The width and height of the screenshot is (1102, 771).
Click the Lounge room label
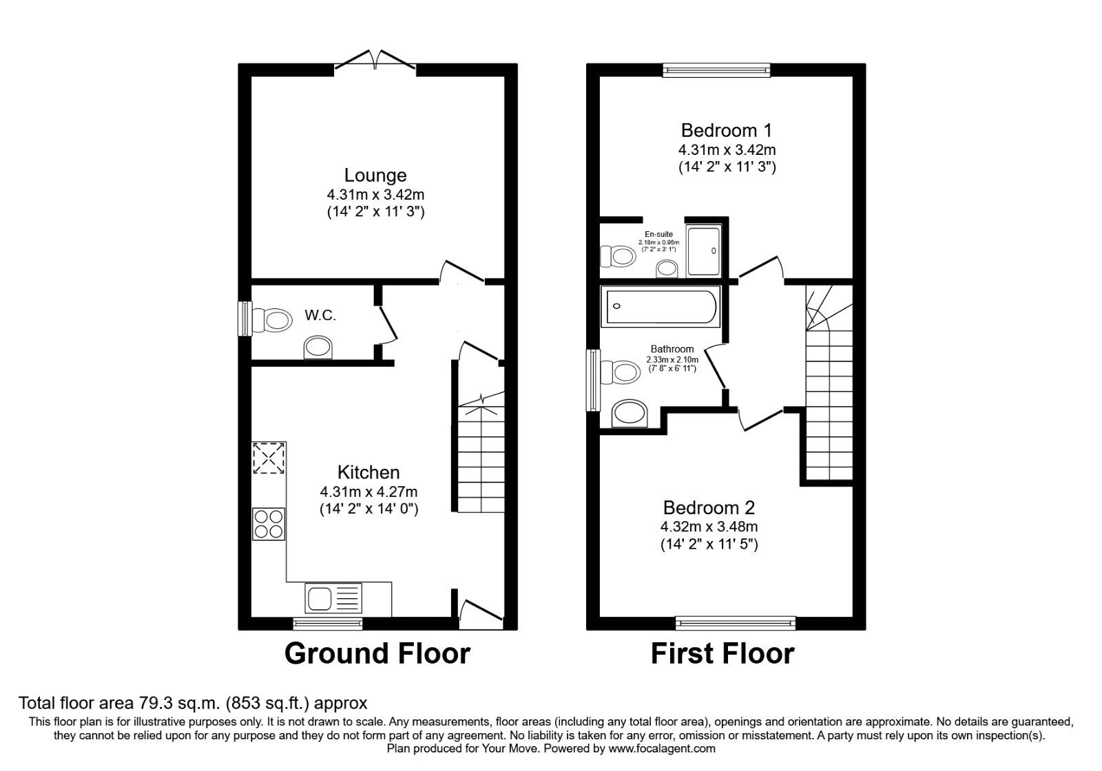tap(375, 176)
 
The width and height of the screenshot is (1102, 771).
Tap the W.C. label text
tap(320, 316)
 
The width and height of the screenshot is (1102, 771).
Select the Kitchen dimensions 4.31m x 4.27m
tap(368, 492)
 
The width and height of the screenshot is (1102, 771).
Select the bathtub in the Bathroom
tap(660, 306)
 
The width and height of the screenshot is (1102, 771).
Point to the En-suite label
tap(658, 235)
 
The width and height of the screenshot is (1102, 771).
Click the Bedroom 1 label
tap(726, 130)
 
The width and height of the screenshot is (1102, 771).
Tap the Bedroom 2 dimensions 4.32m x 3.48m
tap(709, 527)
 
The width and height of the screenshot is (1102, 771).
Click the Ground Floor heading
tap(377, 653)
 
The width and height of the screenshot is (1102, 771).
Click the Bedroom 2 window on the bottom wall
tap(736, 622)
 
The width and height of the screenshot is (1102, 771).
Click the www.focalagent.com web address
tap(662, 748)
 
